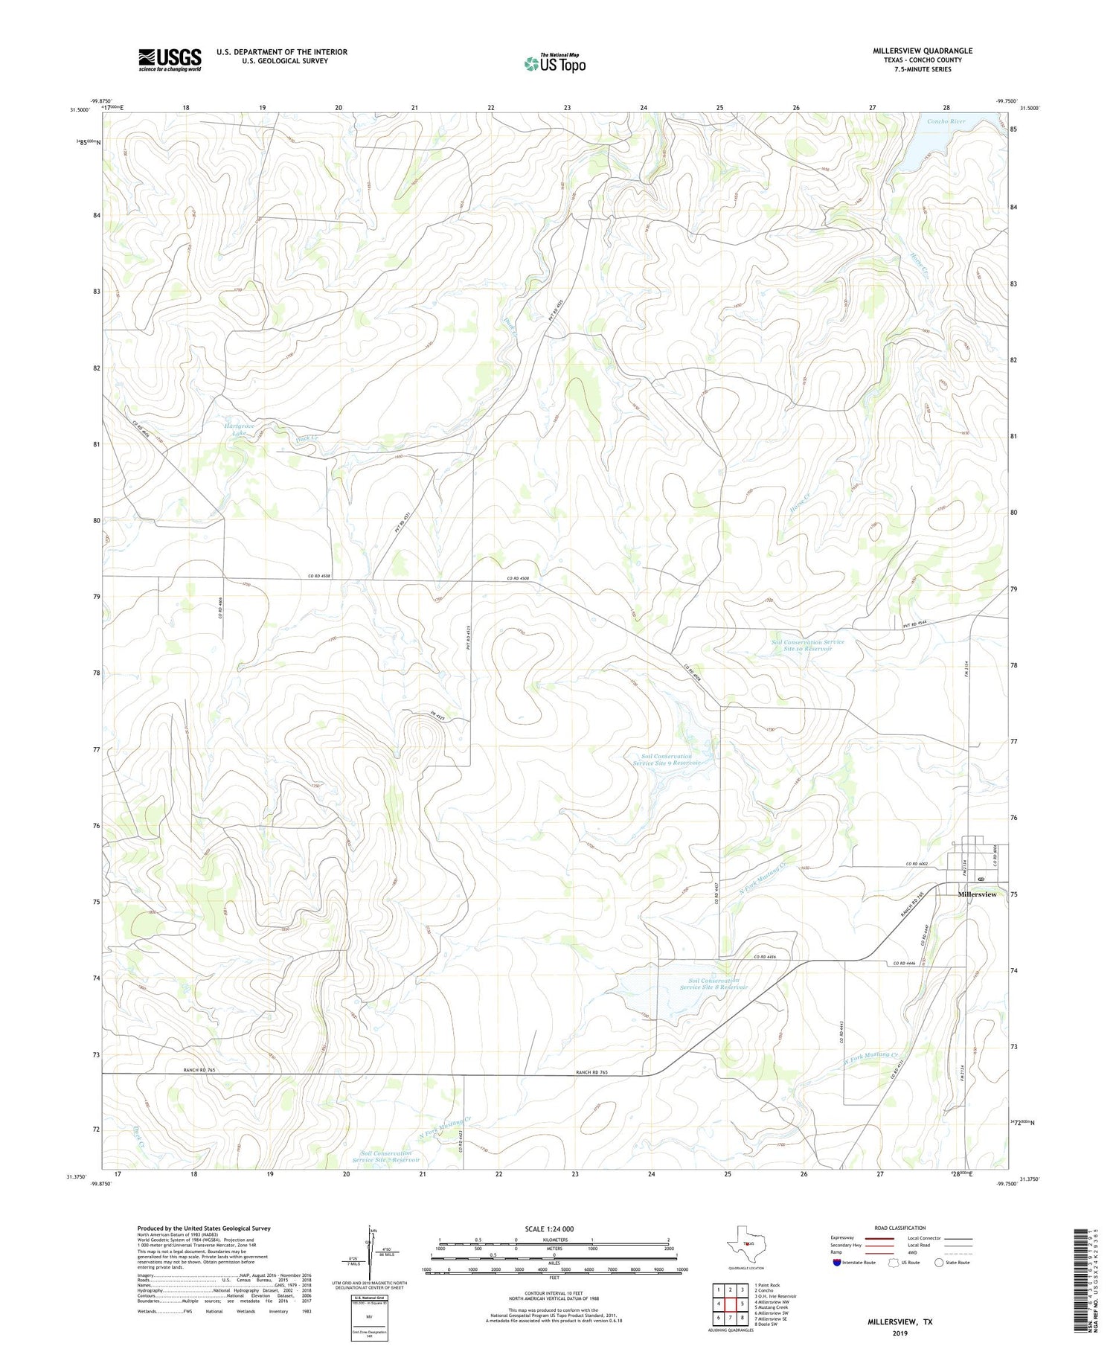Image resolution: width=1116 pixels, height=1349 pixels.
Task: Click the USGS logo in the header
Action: pyautogui.click(x=169, y=60)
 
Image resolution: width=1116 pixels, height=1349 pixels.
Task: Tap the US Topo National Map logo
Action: pyautogui.click(x=554, y=63)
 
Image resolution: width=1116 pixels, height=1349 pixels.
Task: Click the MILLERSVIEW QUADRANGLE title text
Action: pyautogui.click(x=922, y=51)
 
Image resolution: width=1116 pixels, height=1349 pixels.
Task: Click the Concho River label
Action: pyautogui.click(x=946, y=121)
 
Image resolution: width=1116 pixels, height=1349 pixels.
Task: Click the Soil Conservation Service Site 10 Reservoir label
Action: pyautogui.click(x=807, y=645)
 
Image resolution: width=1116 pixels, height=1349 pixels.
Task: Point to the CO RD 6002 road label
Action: pyautogui.click(x=919, y=863)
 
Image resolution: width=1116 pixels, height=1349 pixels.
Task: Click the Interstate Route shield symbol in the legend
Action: pyautogui.click(x=837, y=1263)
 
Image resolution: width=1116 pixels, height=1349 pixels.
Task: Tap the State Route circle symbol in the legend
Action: pyautogui.click(x=939, y=1263)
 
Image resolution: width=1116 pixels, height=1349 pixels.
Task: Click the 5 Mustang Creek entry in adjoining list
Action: pyautogui.click(x=771, y=1307)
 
